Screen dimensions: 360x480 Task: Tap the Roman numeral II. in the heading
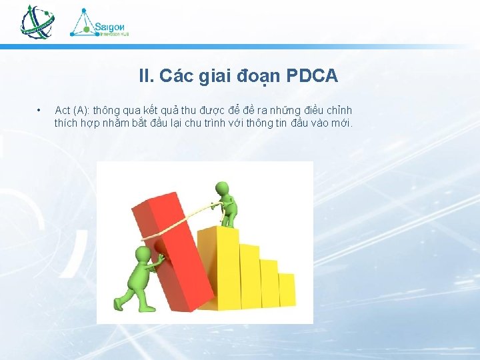(x=146, y=77)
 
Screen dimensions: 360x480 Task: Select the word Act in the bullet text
(x=63, y=110)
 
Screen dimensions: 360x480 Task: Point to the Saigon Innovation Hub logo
(x=100, y=23)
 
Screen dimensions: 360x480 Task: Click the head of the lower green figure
(x=143, y=255)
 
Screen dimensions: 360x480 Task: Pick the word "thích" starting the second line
(x=66, y=123)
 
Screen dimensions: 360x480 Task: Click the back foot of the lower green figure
(x=119, y=303)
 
